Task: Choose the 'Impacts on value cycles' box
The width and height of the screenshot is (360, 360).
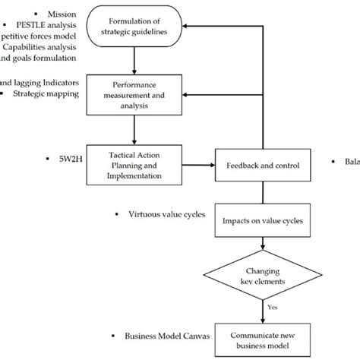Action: tap(261, 221)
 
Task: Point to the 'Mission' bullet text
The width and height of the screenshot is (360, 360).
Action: tap(61, 14)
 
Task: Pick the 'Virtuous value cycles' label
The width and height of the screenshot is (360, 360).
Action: tap(163, 215)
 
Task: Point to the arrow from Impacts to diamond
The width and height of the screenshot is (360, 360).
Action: tap(261, 245)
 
